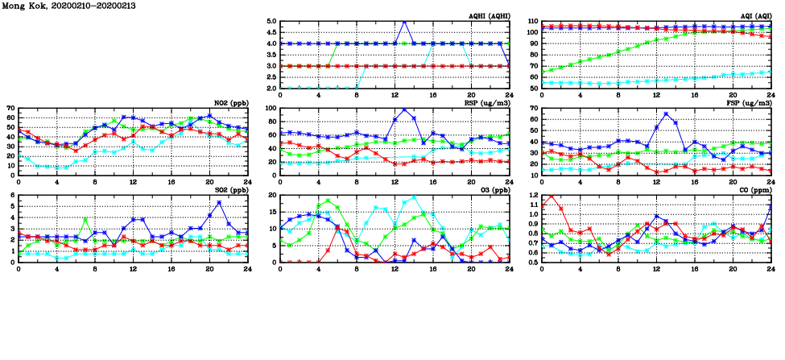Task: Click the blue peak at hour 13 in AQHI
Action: [404, 22]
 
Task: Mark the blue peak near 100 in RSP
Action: [404, 110]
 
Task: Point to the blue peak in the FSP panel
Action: [666, 114]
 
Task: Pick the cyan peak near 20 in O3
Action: [414, 197]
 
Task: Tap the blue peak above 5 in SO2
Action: [219, 201]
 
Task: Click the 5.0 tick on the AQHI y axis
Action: [272, 22]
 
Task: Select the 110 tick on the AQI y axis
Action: [531, 22]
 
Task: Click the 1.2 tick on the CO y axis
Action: [531, 196]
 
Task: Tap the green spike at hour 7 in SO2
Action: [85, 219]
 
